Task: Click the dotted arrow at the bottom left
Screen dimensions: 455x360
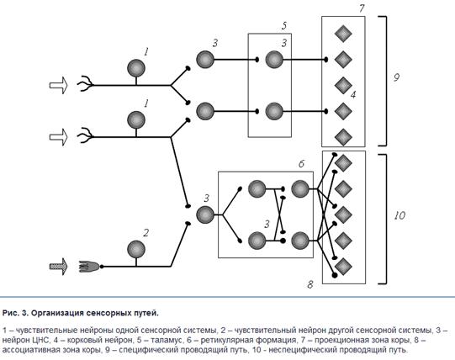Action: pos(58,267)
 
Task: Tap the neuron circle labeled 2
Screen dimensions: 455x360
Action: pos(136,249)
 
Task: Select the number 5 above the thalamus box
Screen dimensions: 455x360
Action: pos(284,26)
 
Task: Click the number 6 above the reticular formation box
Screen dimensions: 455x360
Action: pos(301,164)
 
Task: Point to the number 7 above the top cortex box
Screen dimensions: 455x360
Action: pos(362,8)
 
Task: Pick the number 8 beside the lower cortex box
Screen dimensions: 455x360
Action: pos(310,284)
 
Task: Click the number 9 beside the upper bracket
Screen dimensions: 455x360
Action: pos(396,77)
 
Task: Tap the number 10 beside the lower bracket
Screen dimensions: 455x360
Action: pos(399,215)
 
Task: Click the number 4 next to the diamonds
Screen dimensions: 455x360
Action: pos(353,95)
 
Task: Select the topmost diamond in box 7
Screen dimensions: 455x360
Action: pos(343,34)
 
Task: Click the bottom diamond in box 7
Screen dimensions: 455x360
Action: pos(343,137)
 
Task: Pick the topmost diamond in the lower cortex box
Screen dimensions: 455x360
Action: pos(343,163)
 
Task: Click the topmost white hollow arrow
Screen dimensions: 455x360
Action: pos(58,85)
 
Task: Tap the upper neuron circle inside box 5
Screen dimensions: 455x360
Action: pos(274,60)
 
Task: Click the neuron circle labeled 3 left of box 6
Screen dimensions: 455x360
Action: pos(205,214)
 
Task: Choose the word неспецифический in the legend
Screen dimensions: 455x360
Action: pos(301,350)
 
